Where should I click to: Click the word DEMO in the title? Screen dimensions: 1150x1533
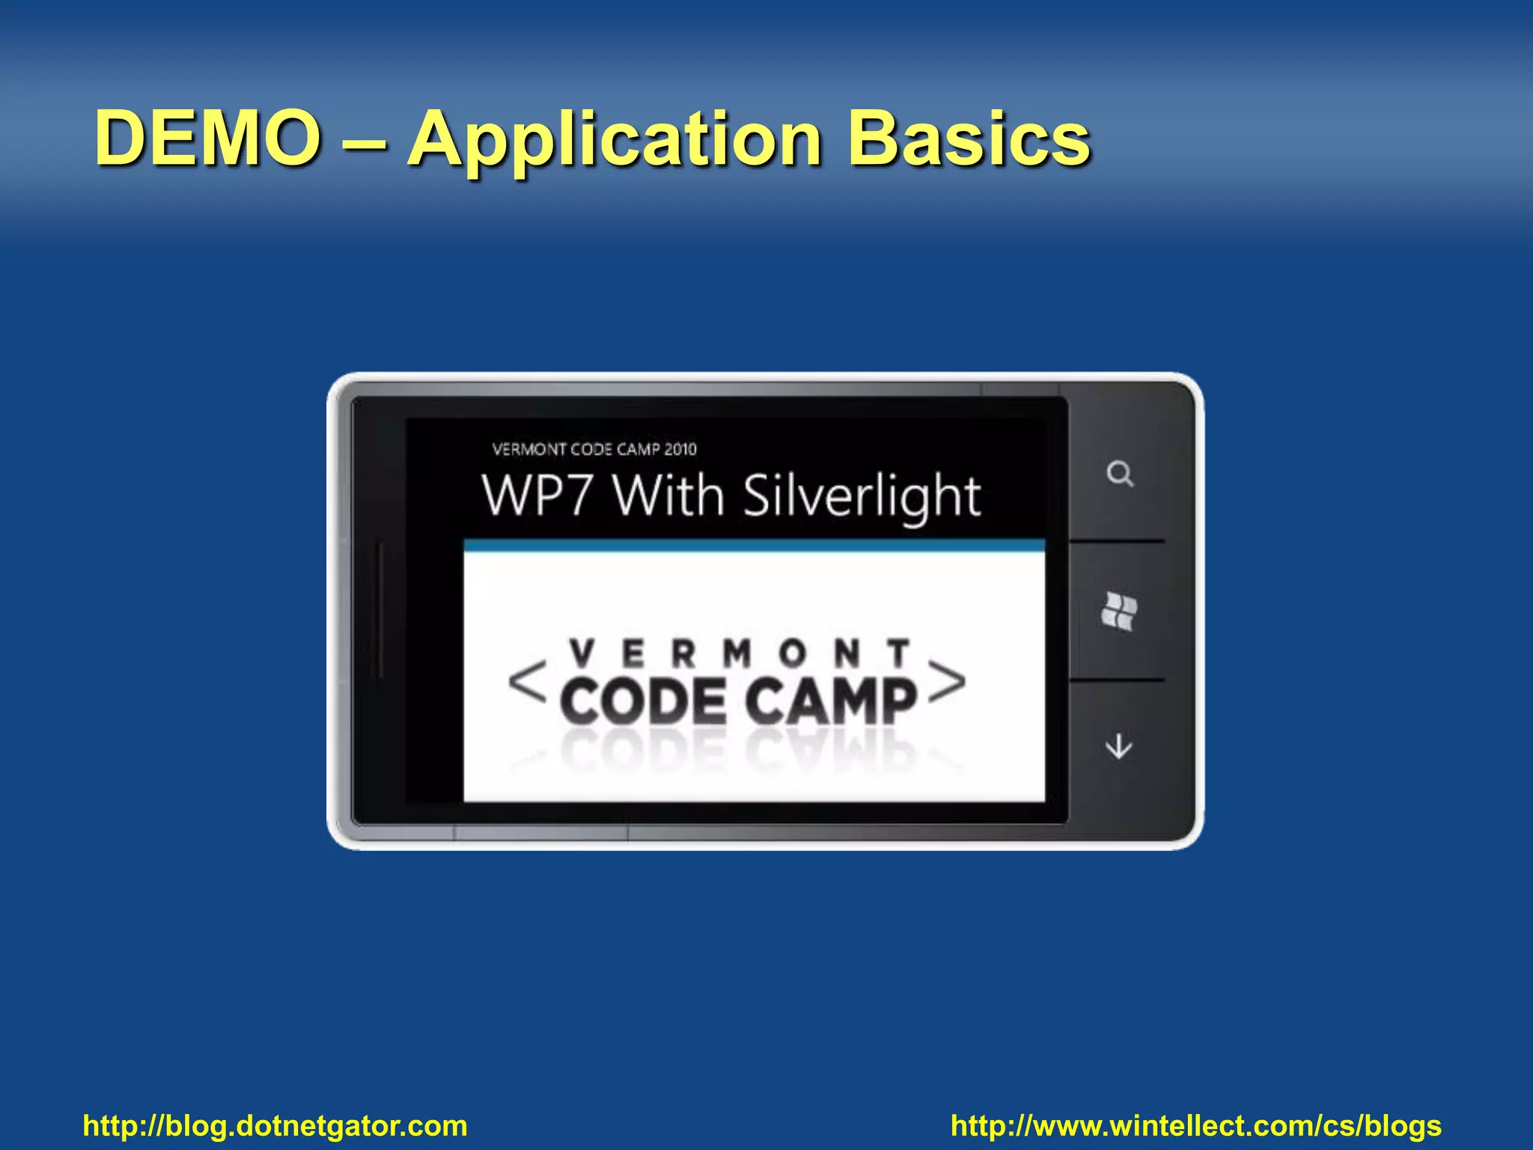click(208, 139)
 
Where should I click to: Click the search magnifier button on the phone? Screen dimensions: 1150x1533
click(1120, 474)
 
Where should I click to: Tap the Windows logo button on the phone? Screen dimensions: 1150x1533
click(1119, 612)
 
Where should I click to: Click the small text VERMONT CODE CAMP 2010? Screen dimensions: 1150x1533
click(594, 449)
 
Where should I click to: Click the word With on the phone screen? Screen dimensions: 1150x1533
click(669, 496)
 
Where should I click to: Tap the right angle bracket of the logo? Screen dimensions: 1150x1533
click(947, 682)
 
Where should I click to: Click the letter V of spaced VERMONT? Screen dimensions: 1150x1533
click(582, 654)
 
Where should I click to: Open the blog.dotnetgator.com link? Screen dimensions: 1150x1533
click(275, 1126)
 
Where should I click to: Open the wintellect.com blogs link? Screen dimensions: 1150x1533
click(1195, 1126)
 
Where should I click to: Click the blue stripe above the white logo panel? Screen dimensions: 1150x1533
click(754, 546)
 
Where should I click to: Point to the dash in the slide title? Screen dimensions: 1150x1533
click(365, 139)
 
